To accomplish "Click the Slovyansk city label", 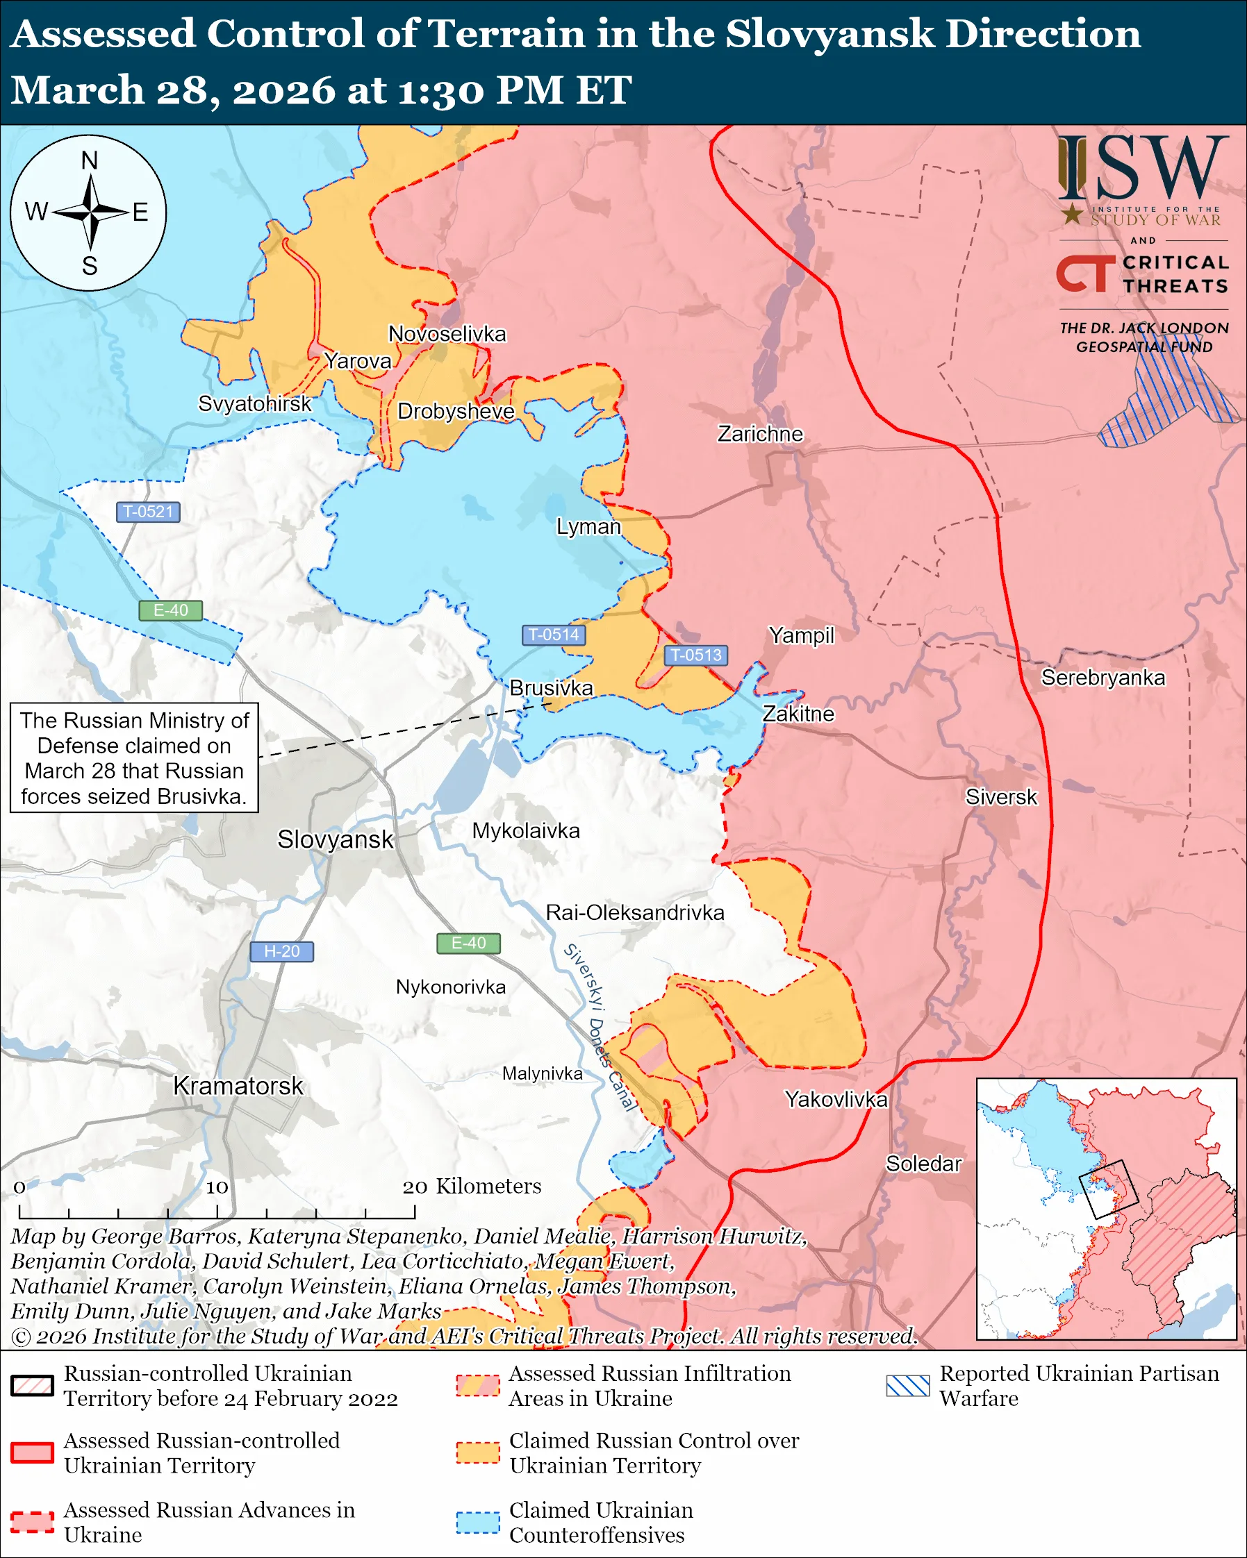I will pyautogui.click(x=336, y=839).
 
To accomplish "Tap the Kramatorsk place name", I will pyautogui.click(x=238, y=1085).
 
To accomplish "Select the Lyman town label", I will pyautogui.click(x=588, y=526).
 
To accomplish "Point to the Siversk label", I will pyautogui.click(x=1000, y=796).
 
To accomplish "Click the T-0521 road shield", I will pyautogui.click(x=148, y=512).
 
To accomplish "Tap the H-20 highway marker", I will pyautogui.click(x=281, y=951).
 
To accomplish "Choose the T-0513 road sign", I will pyautogui.click(x=695, y=655).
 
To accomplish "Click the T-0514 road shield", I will pyautogui.click(x=553, y=635).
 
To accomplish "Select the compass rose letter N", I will pyautogui.click(x=89, y=160).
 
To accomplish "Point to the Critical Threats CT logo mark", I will pyautogui.click(x=1085, y=273).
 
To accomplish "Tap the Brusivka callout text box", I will pyautogui.click(x=135, y=757).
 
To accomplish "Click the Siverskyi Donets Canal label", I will pyautogui.click(x=600, y=1026).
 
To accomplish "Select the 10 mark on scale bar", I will pyautogui.click(x=217, y=1187).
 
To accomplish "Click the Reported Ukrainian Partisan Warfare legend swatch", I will pyautogui.click(x=907, y=1385).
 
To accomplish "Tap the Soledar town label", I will pyautogui.click(x=923, y=1164).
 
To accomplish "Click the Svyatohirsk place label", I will pyautogui.click(x=254, y=403).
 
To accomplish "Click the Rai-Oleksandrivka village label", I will pyautogui.click(x=635, y=912).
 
